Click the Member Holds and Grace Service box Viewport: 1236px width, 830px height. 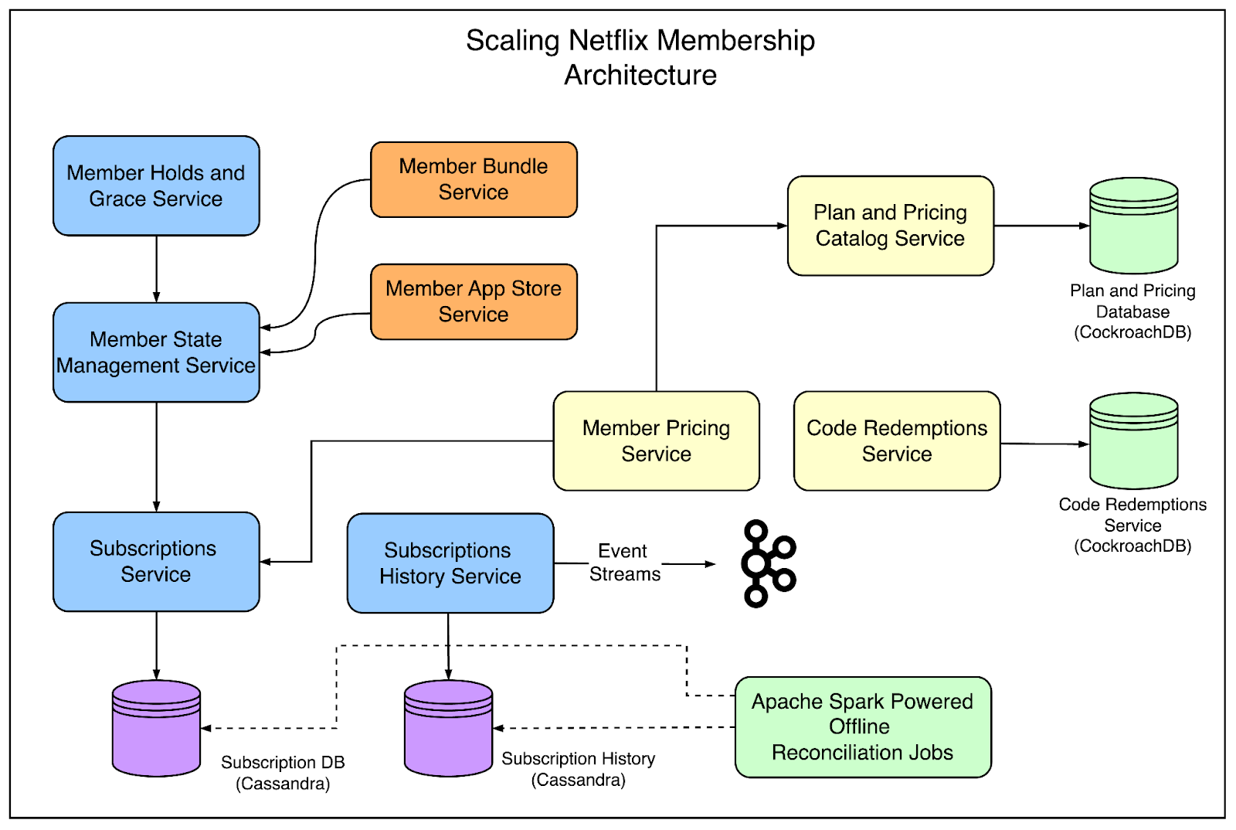tap(156, 185)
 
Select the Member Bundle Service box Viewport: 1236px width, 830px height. tap(474, 179)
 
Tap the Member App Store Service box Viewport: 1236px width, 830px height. tap(474, 301)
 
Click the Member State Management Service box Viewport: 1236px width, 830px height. tap(156, 352)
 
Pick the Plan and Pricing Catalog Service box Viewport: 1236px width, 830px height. tap(890, 226)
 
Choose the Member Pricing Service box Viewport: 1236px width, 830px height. tap(656, 441)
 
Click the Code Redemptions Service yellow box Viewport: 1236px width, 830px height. tap(896, 441)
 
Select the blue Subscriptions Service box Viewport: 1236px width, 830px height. tap(156, 562)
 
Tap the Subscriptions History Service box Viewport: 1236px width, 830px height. tap(450, 563)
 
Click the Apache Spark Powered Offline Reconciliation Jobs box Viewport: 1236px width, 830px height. tap(862, 727)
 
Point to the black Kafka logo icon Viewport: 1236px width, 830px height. tap(767, 564)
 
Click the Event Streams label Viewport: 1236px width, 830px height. tap(624, 563)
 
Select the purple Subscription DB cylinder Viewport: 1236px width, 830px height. tap(156, 728)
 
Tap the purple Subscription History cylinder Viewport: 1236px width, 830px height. tap(448, 728)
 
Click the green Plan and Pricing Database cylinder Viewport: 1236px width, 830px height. tap(1133, 226)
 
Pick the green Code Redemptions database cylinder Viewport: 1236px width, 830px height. tap(1133, 441)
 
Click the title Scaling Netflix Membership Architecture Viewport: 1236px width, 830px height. tap(640, 57)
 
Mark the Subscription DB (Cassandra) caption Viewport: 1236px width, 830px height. tap(283, 773)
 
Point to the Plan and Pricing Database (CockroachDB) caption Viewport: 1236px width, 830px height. tap(1132, 311)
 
